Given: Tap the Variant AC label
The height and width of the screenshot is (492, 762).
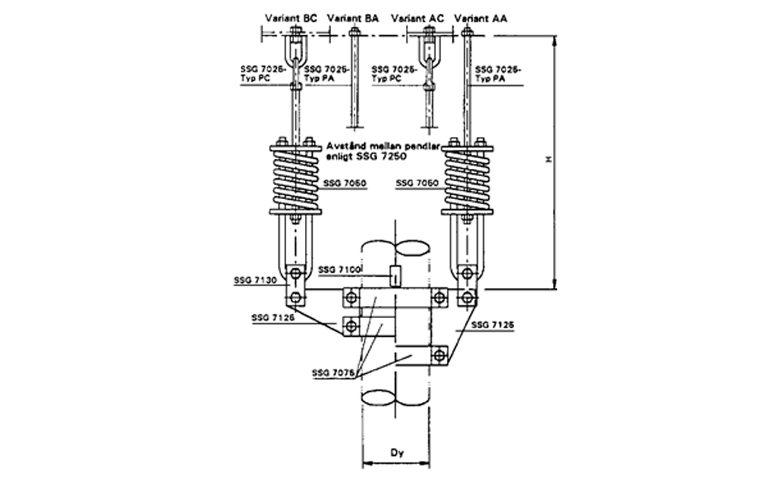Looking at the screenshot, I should (420, 17).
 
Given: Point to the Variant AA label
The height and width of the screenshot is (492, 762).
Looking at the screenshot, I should (482, 17).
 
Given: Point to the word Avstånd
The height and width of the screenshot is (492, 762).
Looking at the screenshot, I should (345, 145).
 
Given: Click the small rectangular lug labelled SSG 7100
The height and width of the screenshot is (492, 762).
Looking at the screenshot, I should (394, 275).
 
